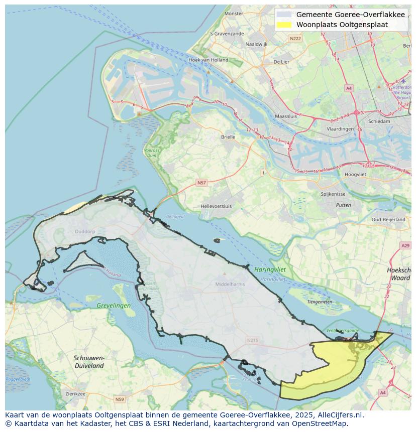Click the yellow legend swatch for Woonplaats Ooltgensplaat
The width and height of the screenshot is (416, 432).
[x=284, y=25]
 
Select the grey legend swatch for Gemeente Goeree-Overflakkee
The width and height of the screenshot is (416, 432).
[x=284, y=15]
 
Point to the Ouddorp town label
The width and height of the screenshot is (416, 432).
[x=84, y=231]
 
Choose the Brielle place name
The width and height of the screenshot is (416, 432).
[x=228, y=136]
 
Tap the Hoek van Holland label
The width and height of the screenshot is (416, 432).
[x=208, y=60]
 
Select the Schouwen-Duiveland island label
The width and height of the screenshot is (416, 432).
[x=89, y=362]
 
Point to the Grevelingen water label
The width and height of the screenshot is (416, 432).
[x=114, y=305]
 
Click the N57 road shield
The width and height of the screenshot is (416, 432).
[x=201, y=183]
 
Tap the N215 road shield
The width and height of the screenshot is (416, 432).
[x=252, y=341]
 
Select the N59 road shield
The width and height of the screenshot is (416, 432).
[x=119, y=399]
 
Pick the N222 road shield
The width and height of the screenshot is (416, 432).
[x=295, y=39]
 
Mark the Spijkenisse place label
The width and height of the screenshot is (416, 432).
[x=333, y=194]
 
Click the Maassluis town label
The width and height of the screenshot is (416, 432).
[x=286, y=116]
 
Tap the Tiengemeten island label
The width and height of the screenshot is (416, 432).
[x=320, y=302]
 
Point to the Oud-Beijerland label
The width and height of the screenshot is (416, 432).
[x=388, y=220]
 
